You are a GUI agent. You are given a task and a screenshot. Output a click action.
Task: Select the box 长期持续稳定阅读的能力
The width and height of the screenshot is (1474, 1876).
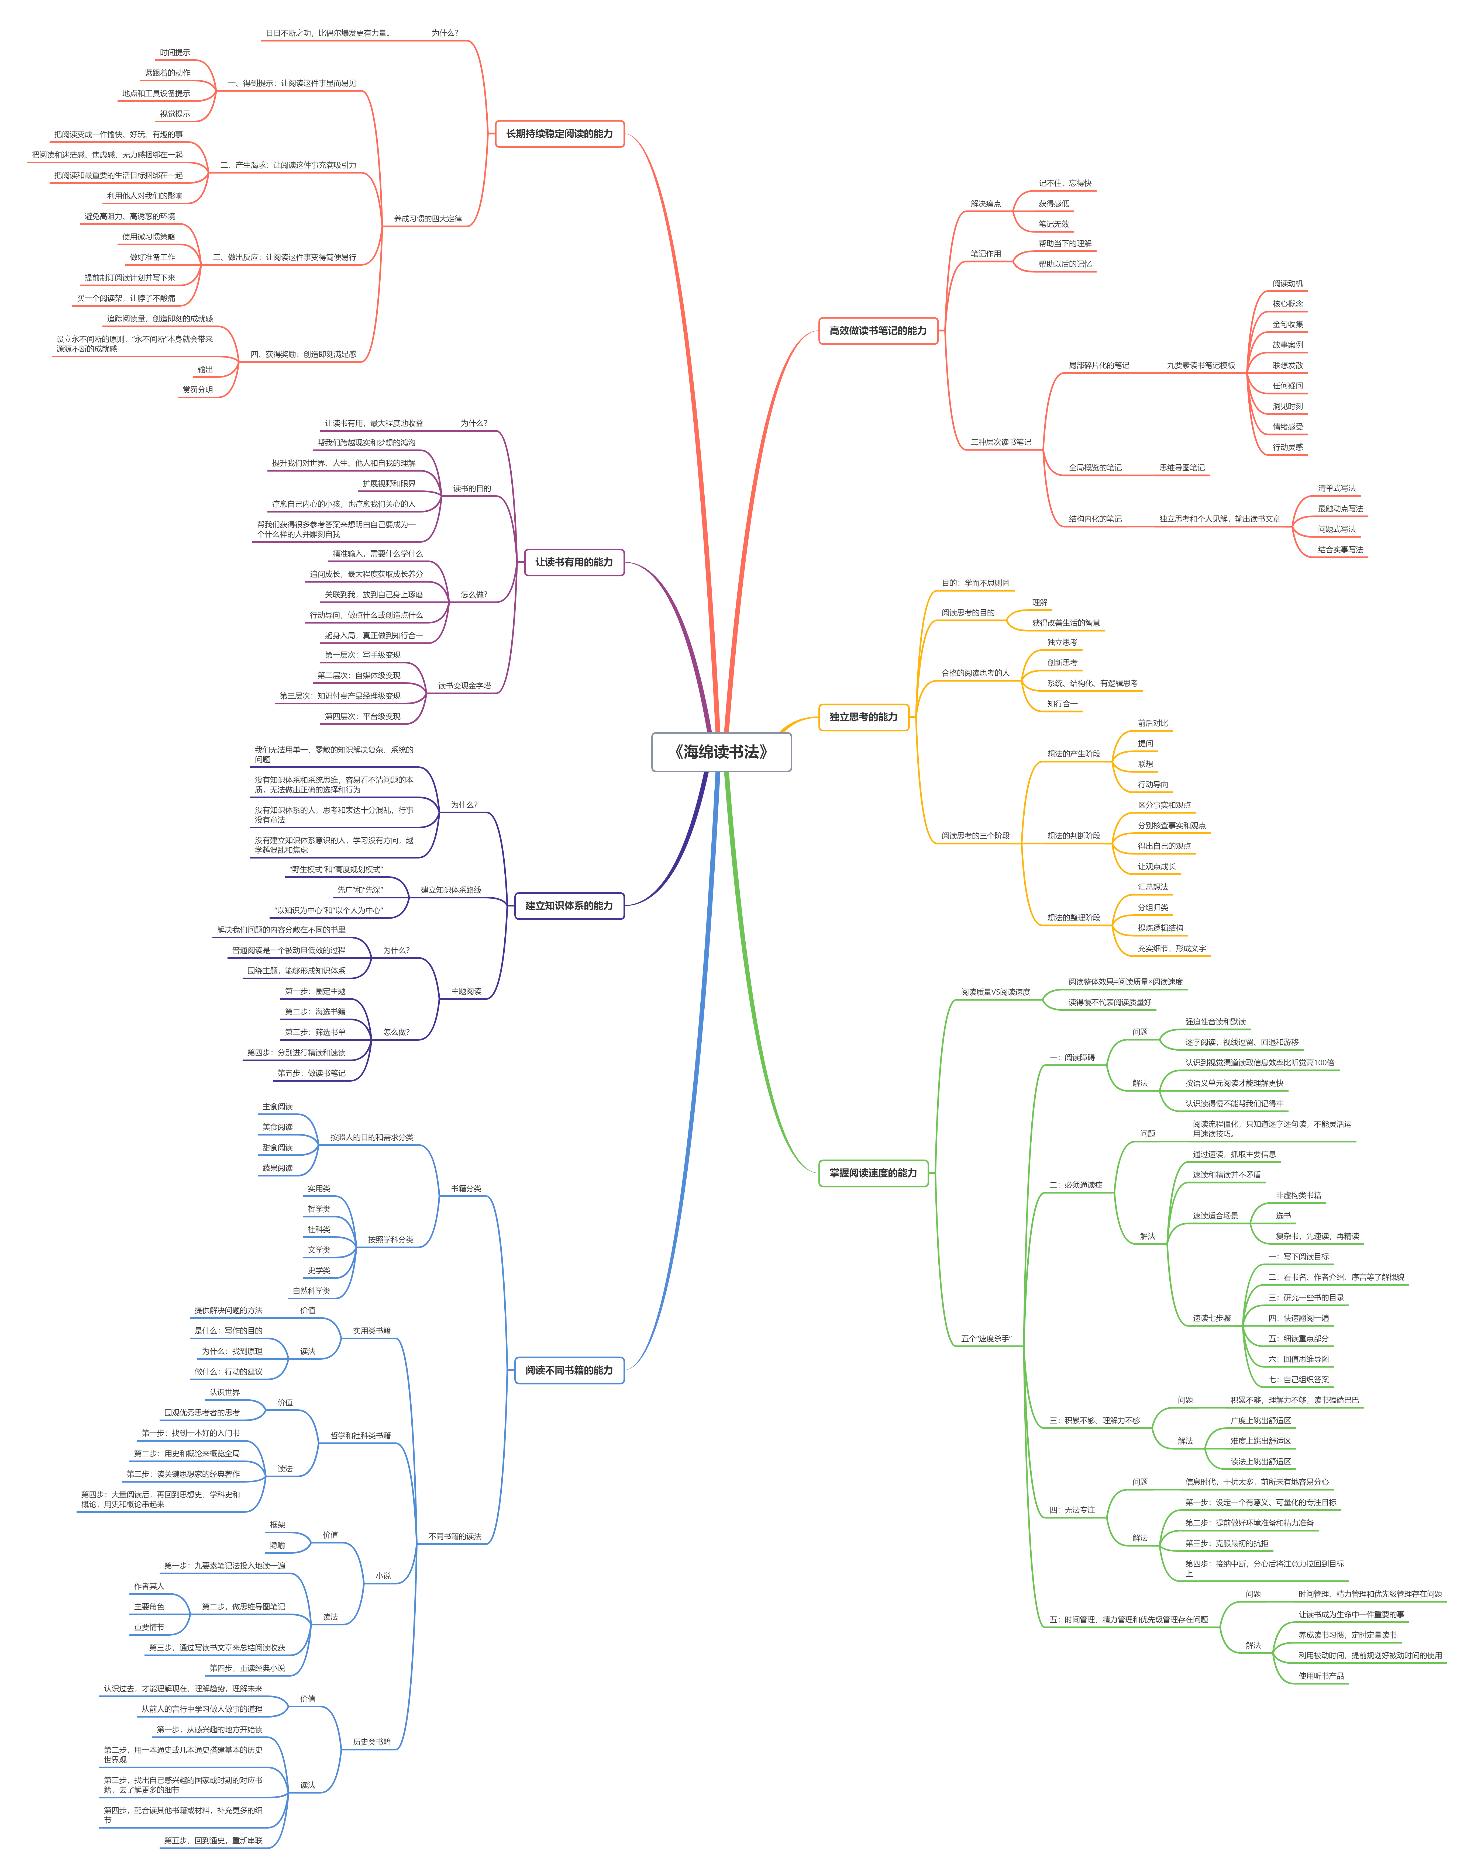coord(559,134)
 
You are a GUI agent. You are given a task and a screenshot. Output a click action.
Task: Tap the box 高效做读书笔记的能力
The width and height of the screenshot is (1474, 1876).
coord(878,330)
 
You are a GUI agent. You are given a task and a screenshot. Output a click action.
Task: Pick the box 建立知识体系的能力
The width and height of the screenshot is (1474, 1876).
coord(569,906)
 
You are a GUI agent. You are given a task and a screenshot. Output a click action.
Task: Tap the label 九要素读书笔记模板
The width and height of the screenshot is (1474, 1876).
coord(1200,366)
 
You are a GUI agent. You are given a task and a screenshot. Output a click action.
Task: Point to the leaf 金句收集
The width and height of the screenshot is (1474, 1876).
coord(1287,324)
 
